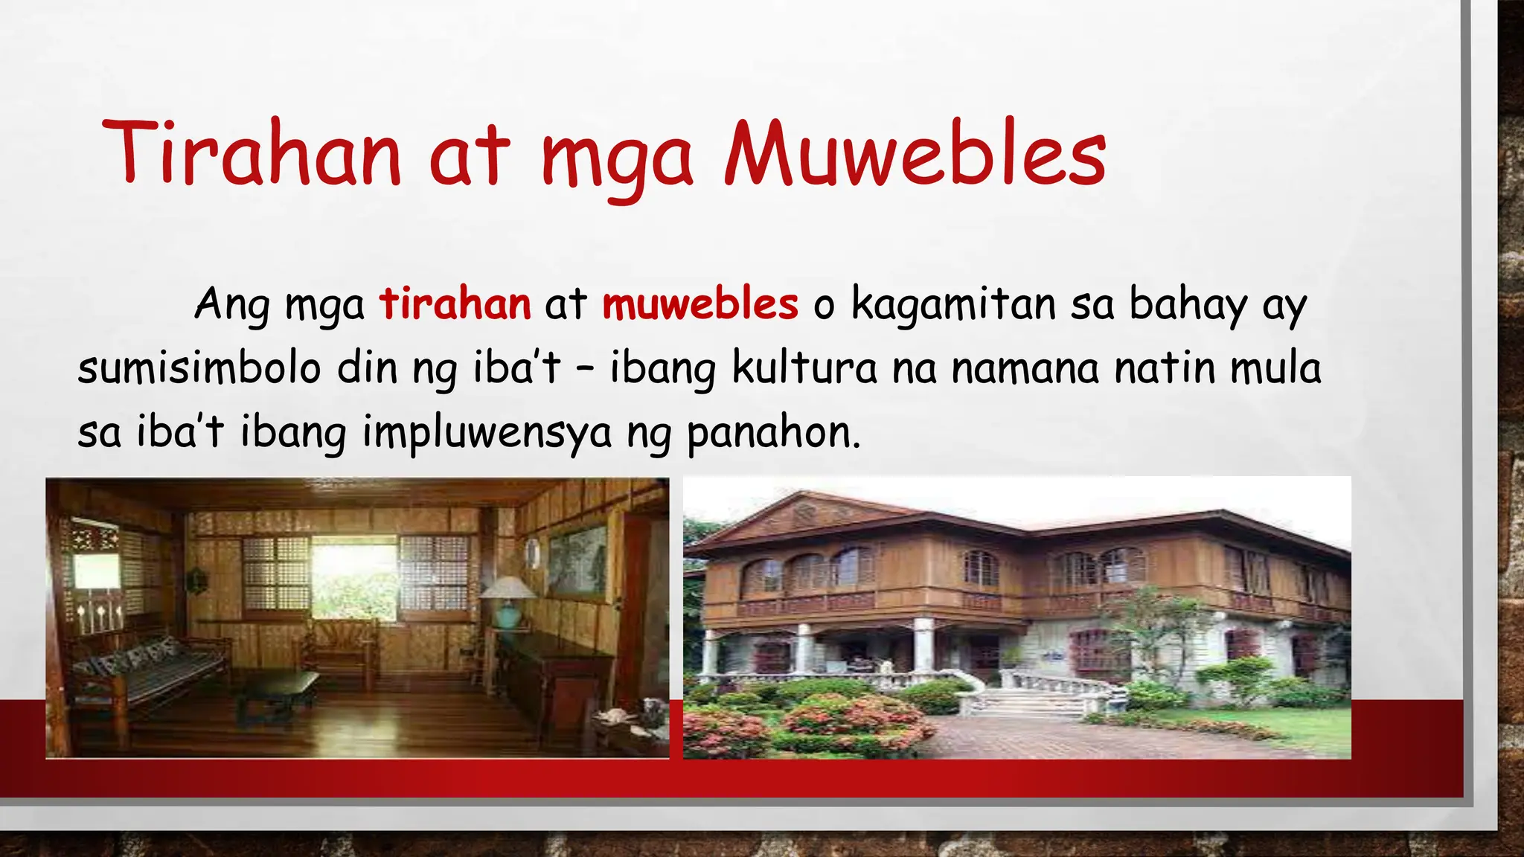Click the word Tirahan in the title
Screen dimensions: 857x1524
pos(252,154)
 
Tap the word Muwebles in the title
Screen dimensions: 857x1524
pos(915,154)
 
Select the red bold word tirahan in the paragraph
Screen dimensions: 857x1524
pos(455,304)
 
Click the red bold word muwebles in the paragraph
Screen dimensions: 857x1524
pos(700,304)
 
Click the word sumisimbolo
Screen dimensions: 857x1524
pos(199,368)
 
